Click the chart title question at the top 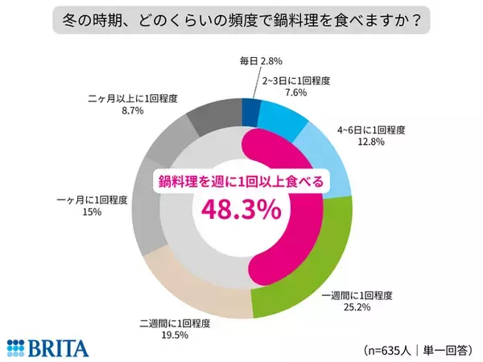click(x=241, y=18)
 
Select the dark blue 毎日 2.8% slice click(x=251, y=112)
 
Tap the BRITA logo click(x=47, y=347)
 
